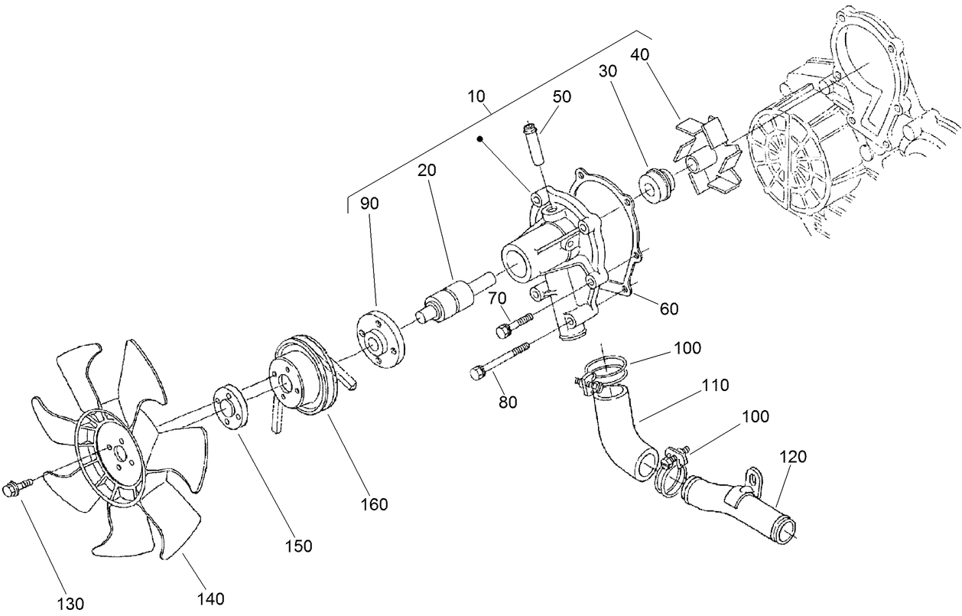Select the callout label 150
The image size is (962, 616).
[x=298, y=546]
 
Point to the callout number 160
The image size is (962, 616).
[x=375, y=504]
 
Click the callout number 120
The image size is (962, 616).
[x=793, y=458]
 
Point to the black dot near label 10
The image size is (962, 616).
[x=480, y=139]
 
